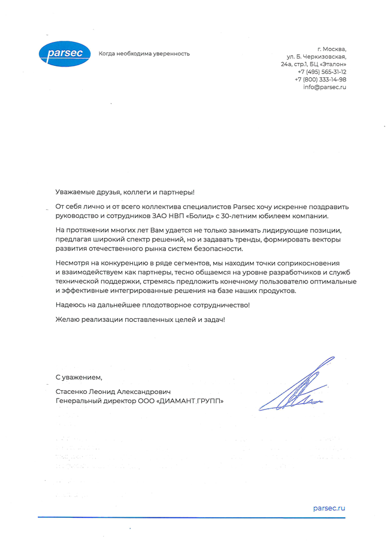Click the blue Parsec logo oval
tap(64, 53)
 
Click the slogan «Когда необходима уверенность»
tap(144, 54)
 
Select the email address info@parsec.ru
tap(325, 87)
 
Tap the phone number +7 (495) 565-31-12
tap(322, 71)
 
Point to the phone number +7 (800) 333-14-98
tap(321, 79)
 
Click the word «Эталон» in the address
tap(332, 64)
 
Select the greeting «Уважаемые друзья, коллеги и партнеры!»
tap(125, 192)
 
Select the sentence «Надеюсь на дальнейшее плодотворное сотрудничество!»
tap(153, 306)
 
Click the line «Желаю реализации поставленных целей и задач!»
tap(141, 321)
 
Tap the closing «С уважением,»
tap(79, 377)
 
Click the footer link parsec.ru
tap(329, 508)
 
